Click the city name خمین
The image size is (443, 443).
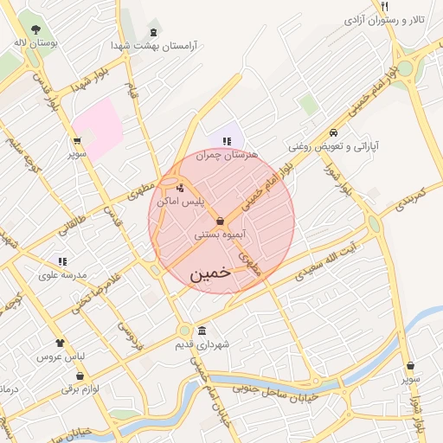click(209, 272)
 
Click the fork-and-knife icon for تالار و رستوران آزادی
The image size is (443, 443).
click(384, 7)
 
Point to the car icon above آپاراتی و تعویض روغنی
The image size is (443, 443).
click(333, 133)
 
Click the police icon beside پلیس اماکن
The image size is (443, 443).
click(179, 187)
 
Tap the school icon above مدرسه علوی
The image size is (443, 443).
click(62, 260)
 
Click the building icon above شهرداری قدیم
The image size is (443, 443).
click(202, 331)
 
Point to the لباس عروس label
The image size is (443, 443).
click(59, 356)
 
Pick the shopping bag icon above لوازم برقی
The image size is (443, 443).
click(80, 376)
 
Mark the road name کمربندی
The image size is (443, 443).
click(401, 200)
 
